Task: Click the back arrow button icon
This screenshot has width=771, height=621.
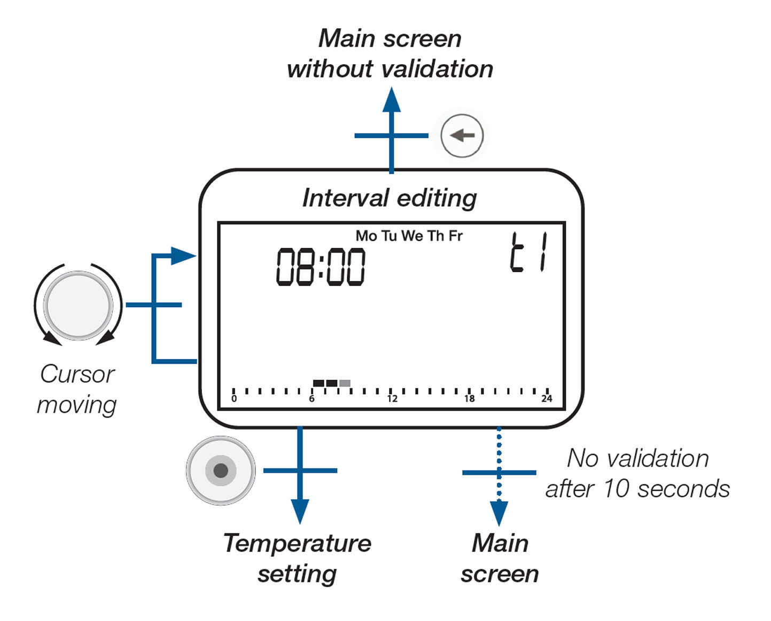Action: pos(462,136)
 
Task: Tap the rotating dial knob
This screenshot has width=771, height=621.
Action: pos(79,305)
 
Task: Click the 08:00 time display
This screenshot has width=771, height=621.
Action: pos(321,266)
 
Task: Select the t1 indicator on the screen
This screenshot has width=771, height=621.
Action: pos(529,253)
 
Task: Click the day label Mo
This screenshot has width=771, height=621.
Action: pos(366,236)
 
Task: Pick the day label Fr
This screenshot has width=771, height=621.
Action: pos(455,236)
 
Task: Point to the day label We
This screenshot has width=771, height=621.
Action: pos(412,236)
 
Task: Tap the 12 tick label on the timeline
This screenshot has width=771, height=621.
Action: pos(392,399)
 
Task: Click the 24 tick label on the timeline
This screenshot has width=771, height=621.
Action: pos(547,399)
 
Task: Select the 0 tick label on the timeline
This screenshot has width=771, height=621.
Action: pos(234,399)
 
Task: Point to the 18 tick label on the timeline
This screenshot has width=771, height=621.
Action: pos(469,399)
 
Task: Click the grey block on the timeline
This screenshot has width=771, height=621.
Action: pos(345,383)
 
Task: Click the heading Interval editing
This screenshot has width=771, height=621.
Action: pos(390,198)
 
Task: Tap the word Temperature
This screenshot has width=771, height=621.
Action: pos(297,544)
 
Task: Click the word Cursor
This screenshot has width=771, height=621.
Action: pos(77,374)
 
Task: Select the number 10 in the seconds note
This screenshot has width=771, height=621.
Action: pos(617,489)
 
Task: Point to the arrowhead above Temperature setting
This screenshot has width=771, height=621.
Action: pos(300,511)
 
